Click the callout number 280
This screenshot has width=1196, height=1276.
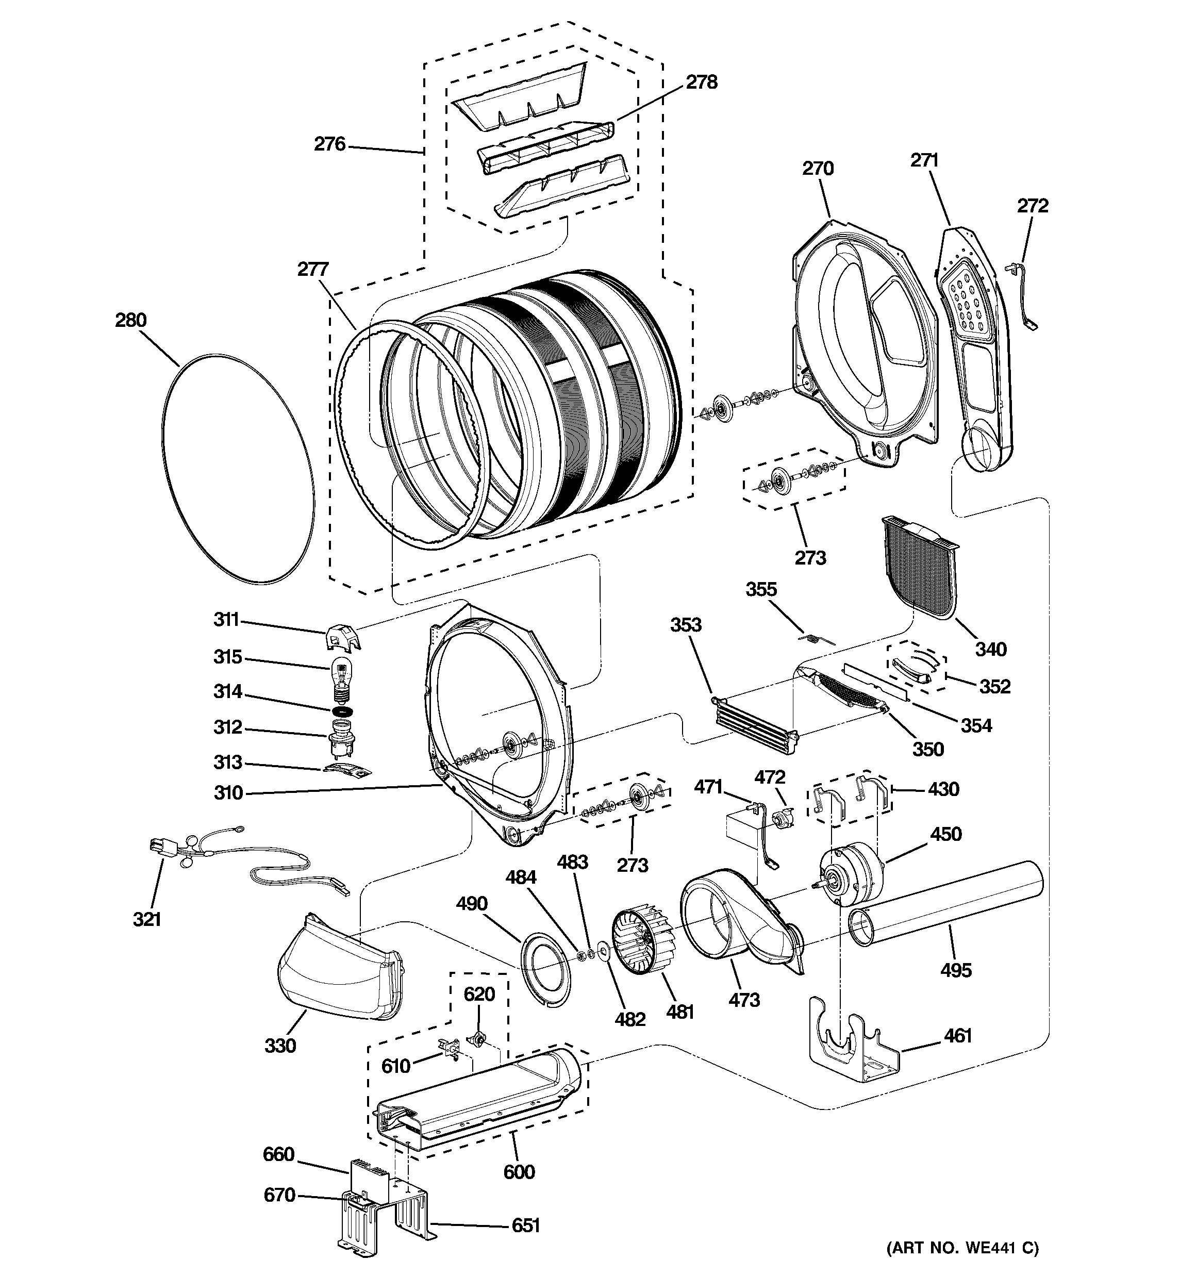131,320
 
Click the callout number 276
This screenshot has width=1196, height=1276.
329,144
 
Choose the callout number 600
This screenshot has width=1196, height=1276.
519,1172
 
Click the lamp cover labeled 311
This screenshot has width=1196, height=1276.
342,637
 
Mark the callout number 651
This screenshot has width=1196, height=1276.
525,1226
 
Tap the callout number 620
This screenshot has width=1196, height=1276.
479,994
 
